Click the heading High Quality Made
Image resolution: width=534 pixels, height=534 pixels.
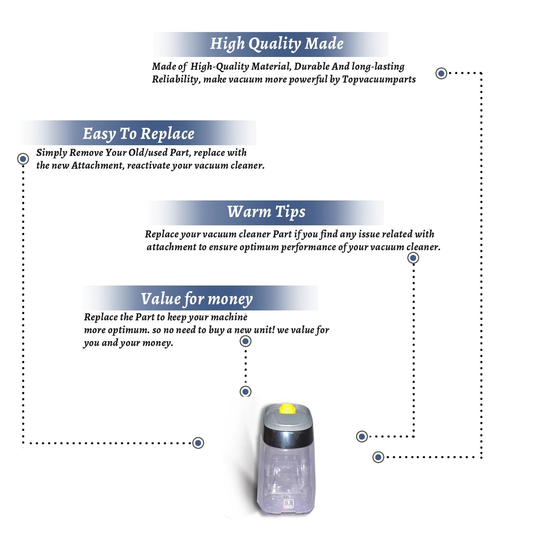[277, 44]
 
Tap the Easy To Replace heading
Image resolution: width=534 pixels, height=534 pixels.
[138, 134]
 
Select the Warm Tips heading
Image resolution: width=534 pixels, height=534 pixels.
[266, 212]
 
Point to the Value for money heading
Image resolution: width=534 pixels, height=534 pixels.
[197, 299]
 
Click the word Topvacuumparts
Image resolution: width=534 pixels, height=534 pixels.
[379, 79]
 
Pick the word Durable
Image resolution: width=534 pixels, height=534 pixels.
[312, 67]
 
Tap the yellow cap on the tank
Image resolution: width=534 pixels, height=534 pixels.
[287, 408]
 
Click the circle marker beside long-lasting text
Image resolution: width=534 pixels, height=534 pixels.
[441, 73]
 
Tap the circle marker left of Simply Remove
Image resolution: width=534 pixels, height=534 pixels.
[23, 158]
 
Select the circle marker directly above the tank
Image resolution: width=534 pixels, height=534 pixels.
[246, 392]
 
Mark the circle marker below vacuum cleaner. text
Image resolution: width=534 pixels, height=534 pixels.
[413, 258]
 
